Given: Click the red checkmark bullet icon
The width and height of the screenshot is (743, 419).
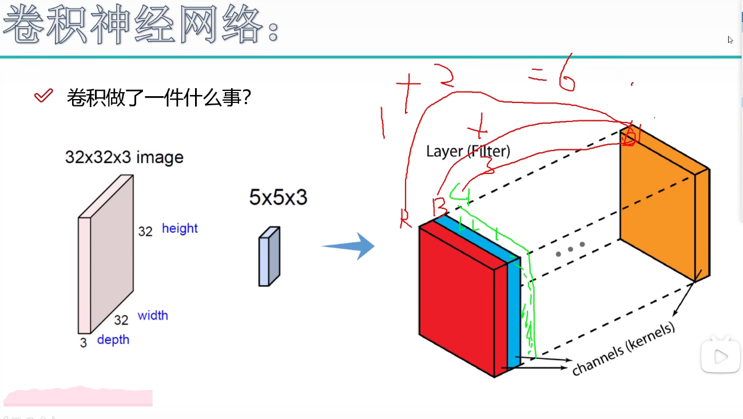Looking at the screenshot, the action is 43,96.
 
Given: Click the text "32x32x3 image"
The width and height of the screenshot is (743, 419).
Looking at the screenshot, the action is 124,157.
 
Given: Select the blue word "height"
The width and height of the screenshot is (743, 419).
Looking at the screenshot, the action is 180,228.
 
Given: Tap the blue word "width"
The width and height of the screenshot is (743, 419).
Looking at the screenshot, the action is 153,315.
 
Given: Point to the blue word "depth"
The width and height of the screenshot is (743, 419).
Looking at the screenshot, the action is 113,339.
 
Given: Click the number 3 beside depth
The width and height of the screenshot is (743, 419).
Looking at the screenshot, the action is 84,343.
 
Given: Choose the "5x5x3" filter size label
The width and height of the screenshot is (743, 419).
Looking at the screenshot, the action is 278,197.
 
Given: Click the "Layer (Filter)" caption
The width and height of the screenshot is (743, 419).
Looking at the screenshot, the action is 468,151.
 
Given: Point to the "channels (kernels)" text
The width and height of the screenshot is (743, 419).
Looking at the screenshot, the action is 623,349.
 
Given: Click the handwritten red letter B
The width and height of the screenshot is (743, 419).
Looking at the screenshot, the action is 440,205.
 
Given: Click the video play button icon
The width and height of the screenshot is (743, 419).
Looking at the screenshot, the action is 720,357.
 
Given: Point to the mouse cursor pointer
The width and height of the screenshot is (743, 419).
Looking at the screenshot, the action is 730,40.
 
